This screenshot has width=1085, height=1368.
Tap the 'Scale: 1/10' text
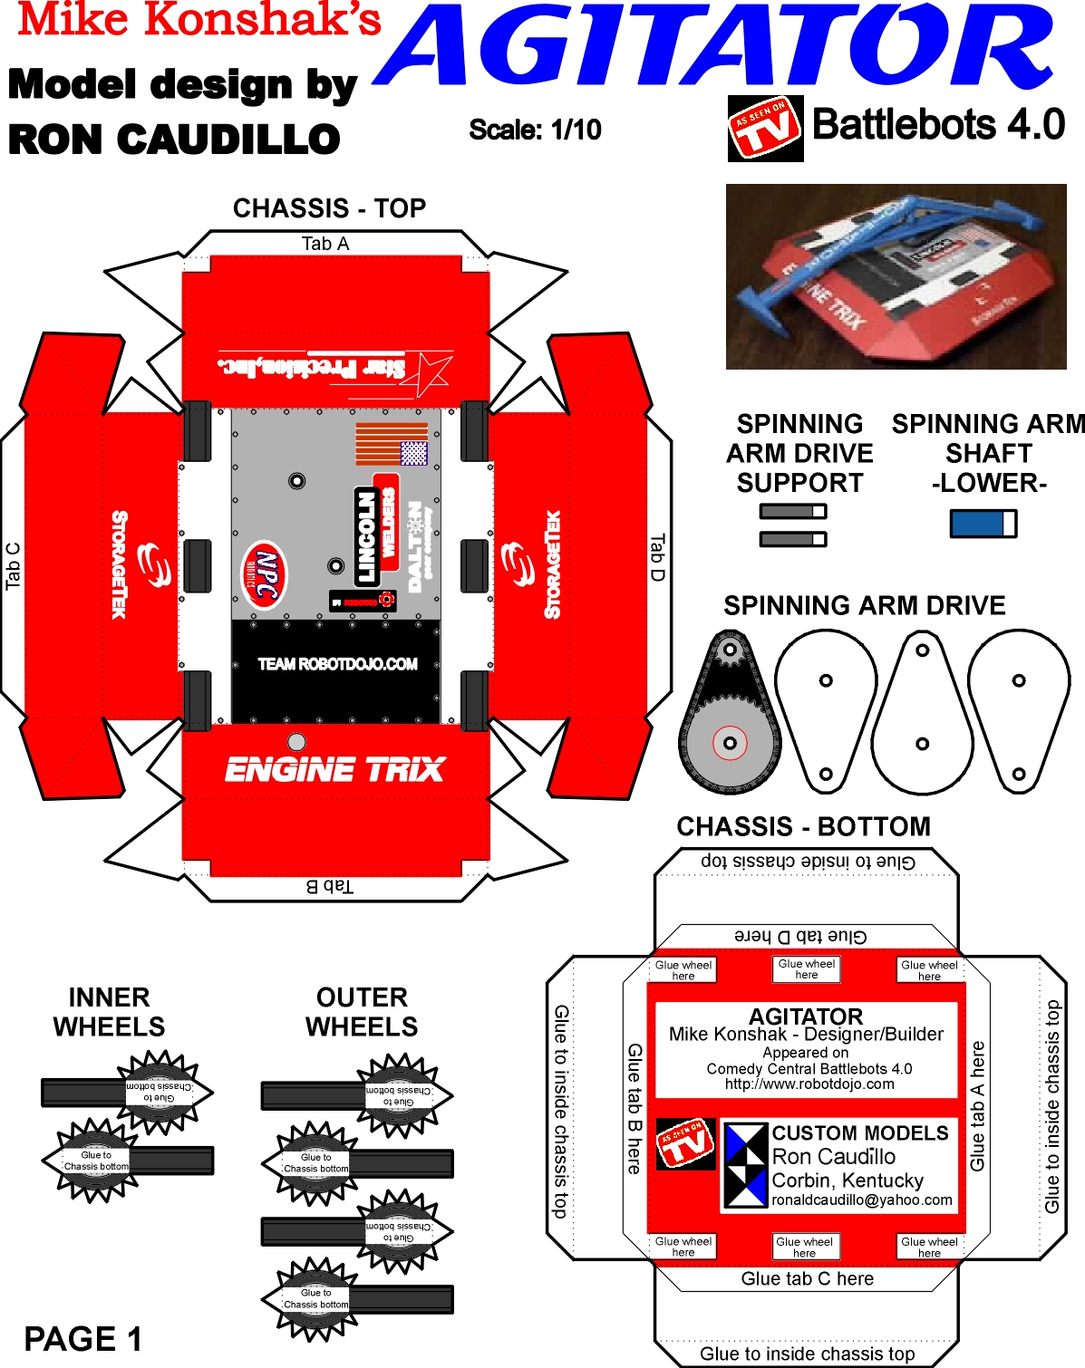click(535, 130)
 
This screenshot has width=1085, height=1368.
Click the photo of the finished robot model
click(896, 276)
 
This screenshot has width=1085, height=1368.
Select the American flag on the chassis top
click(391, 444)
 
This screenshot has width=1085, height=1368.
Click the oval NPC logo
click(264, 574)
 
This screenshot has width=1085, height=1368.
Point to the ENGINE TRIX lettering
click(334, 770)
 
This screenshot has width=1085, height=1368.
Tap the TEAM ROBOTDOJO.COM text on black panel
click(337, 664)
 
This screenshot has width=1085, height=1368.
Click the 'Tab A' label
click(325, 244)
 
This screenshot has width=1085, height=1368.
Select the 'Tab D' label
click(657, 557)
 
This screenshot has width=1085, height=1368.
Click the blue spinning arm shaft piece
click(983, 524)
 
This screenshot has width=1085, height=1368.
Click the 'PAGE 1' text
click(83, 1338)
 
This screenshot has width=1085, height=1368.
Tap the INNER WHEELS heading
click(109, 1012)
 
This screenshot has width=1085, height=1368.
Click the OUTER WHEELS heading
click(362, 1012)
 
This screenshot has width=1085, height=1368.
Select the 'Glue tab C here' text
click(807, 1278)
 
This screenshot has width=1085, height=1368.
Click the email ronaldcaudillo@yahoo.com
click(861, 1199)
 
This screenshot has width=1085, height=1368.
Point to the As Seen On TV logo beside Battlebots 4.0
click(765, 129)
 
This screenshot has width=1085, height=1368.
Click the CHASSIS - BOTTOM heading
click(803, 826)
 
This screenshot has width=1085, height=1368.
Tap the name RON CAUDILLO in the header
click(174, 140)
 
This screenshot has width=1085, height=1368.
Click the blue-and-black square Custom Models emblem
click(746, 1164)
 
